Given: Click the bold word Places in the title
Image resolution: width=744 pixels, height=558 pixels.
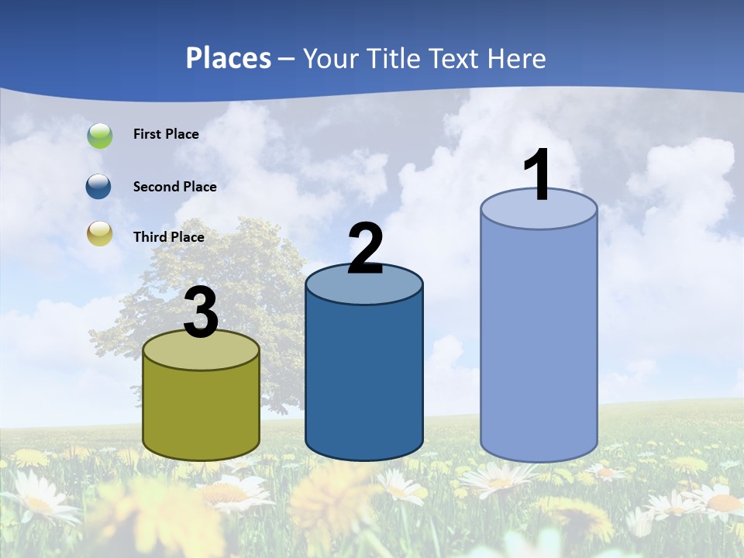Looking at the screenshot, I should point(229,58).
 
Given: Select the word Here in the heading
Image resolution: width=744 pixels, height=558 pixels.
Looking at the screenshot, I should point(518,58).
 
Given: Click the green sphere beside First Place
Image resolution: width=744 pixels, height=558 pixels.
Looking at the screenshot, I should point(100,135).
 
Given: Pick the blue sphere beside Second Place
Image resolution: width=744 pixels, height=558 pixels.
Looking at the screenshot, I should point(99,187).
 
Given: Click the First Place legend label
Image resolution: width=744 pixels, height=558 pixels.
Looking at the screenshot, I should point(166,134).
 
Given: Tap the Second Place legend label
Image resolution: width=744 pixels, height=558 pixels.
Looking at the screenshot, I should point(174,187).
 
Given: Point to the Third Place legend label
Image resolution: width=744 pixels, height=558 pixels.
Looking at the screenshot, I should point(169,237).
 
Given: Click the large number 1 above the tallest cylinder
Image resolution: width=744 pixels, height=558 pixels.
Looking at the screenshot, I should point(538,174).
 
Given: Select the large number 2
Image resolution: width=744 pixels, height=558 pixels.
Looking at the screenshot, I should point(365,249).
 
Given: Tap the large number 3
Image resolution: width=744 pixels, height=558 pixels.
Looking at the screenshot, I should point(201,313).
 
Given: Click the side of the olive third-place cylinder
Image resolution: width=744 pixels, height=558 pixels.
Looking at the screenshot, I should point(201,411).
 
